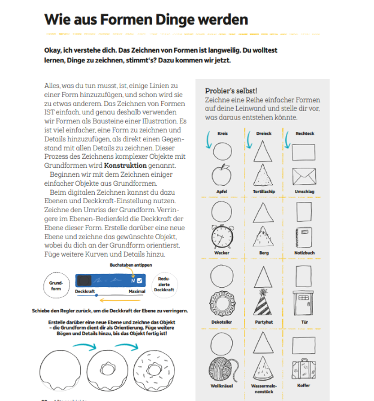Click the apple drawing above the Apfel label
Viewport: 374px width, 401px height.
222,176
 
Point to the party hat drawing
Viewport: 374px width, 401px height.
264,302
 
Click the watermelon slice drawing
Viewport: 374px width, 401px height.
264,367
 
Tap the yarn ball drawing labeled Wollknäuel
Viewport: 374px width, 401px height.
222,367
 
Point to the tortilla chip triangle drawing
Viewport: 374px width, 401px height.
264,175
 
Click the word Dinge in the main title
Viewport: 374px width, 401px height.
165,20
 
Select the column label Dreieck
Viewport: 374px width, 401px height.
264,134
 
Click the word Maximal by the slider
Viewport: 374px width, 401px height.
137,292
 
